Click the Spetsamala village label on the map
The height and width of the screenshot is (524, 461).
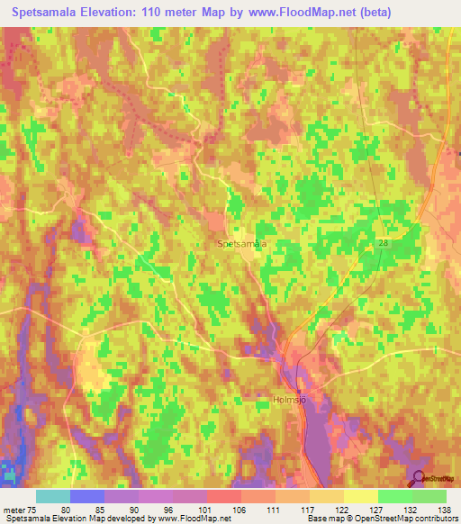click(242, 243)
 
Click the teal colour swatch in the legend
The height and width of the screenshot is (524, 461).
click(53, 496)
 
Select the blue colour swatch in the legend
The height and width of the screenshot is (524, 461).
click(87, 496)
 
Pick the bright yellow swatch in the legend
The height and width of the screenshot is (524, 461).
click(360, 496)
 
